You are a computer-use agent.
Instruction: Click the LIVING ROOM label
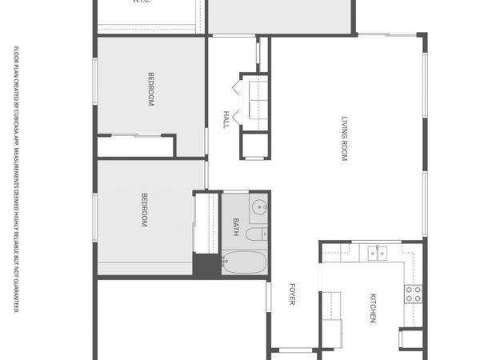click(345, 140)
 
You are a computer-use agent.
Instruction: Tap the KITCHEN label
click(373, 309)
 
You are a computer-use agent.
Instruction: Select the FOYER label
click(293, 294)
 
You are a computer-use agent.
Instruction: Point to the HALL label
click(226, 119)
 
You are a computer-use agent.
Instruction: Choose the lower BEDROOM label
click(145, 210)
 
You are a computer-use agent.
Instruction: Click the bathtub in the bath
click(246, 261)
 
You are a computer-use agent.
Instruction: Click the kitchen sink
click(377, 253)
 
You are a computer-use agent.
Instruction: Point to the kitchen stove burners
click(413, 294)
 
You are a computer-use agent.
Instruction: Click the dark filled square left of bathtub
click(206, 265)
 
